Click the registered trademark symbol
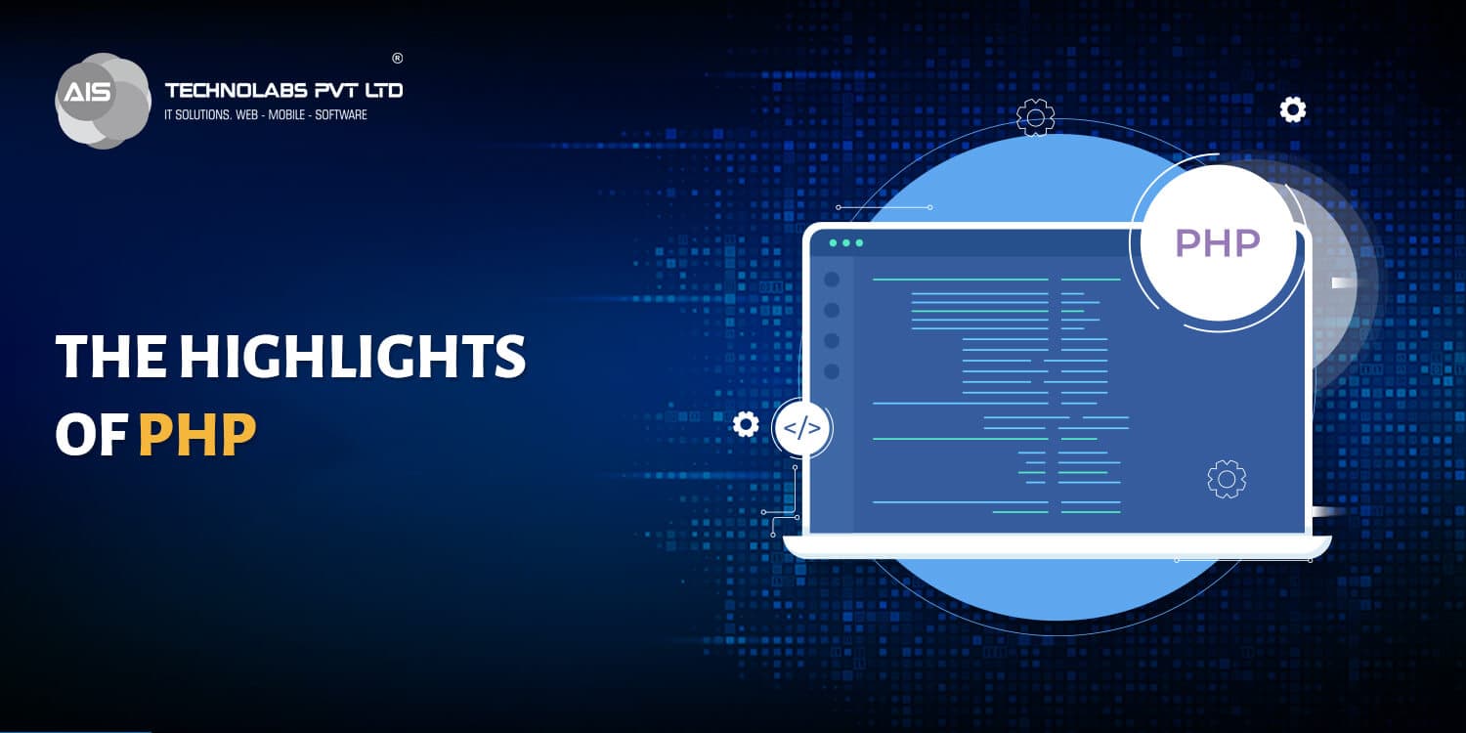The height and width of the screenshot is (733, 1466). point(397,58)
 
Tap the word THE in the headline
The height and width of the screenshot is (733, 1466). point(109,357)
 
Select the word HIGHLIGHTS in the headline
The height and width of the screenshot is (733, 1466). point(352,357)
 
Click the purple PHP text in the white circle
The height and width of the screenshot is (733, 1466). point(1217,243)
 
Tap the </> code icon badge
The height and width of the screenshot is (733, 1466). point(802,428)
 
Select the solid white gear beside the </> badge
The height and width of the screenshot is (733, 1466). point(746,424)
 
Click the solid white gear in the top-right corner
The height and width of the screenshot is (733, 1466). point(1293,109)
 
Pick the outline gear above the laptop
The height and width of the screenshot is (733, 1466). point(1035,116)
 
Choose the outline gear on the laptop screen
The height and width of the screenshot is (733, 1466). point(1227,478)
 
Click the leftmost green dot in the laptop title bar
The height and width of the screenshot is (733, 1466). point(833,242)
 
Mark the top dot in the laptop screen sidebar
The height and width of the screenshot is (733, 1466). point(832,280)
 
